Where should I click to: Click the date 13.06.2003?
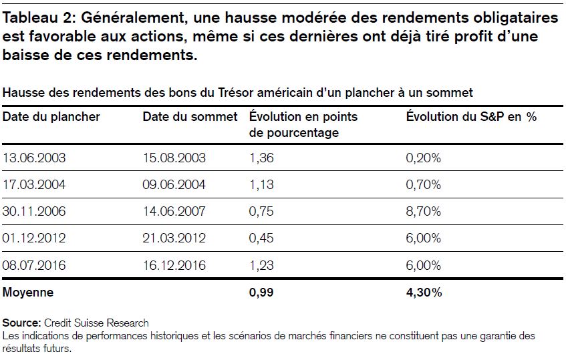click(x=34, y=158)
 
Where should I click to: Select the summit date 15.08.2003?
click(x=174, y=158)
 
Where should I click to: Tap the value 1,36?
click(x=261, y=158)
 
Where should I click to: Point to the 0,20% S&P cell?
click(x=424, y=158)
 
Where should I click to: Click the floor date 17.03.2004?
click(x=34, y=185)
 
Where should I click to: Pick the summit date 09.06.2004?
click(x=174, y=185)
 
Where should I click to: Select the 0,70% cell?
click(x=424, y=185)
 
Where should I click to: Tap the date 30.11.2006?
click(x=34, y=211)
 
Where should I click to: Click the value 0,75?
click(x=261, y=211)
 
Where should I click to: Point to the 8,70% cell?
click(x=424, y=211)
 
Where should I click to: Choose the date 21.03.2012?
click(x=174, y=238)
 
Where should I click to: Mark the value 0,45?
click(x=261, y=238)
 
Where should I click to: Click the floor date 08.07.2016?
click(x=34, y=265)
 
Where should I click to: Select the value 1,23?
click(x=261, y=265)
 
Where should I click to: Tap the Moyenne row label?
click(x=28, y=292)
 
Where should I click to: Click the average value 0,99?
click(x=261, y=292)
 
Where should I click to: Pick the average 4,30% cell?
click(x=424, y=292)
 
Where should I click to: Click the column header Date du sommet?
click(x=190, y=116)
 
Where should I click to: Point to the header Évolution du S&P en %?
click(x=471, y=116)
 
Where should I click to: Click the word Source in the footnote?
click(x=21, y=323)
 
